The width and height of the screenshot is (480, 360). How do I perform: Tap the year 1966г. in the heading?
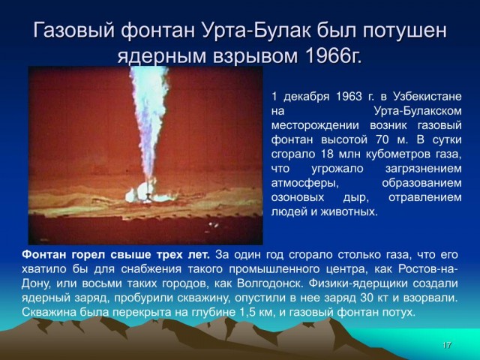click(x=333, y=56)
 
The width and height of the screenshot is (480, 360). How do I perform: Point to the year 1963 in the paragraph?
click(x=349, y=97)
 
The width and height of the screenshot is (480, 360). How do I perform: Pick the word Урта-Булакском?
click(x=418, y=111)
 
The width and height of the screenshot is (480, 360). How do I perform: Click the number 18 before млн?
click(x=327, y=154)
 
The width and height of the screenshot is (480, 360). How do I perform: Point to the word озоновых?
click(x=298, y=197)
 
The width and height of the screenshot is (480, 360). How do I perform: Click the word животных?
click(x=349, y=211)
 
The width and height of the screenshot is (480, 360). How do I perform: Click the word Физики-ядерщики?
click(x=358, y=283)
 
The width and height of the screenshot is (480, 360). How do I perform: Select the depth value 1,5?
click(x=244, y=313)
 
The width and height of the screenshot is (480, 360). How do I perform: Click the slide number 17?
click(x=447, y=345)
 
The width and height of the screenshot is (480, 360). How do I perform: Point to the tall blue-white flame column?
click(x=149, y=122)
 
